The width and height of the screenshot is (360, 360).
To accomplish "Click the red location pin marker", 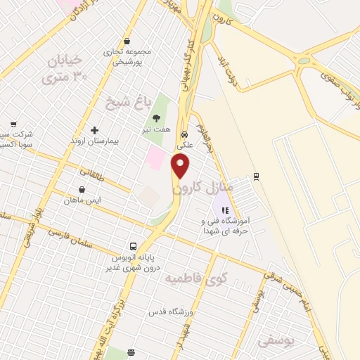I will (x=181, y=167).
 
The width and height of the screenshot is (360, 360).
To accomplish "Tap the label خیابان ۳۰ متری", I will (x=69, y=68).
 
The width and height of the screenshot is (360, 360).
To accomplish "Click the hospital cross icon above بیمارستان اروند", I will (x=95, y=130).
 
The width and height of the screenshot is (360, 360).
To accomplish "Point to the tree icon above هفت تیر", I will (x=156, y=118).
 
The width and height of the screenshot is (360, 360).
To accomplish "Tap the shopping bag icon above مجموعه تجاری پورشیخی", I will (x=126, y=41).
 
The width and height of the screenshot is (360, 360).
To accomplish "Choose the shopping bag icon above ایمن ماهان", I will (x=82, y=188).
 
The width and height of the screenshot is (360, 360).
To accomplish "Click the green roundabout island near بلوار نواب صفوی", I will (x=304, y=62).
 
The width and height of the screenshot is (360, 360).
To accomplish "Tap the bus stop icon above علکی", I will (x=184, y=134).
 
